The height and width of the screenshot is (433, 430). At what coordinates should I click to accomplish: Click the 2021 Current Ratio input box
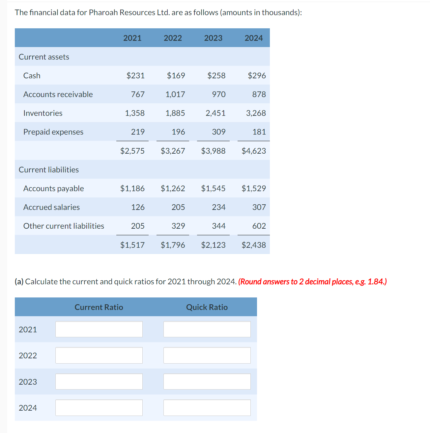pyautogui.click(x=99, y=329)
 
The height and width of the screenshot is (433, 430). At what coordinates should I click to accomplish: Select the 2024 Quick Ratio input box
pyautogui.click(x=207, y=408)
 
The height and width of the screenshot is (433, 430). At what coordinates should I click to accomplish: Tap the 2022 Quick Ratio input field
pyautogui.click(x=207, y=355)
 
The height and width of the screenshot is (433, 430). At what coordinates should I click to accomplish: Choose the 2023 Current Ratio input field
pyautogui.click(x=99, y=381)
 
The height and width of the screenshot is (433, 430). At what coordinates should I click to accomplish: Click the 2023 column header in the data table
pyautogui.click(x=213, y=38)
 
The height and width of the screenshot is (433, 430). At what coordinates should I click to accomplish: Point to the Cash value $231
pyautogui.click(x=135, y=75)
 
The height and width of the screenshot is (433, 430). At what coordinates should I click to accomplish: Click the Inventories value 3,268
pyautogui.click(x=256, y=113)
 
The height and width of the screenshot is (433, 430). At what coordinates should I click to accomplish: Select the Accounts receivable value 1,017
pyautogui.click(x=175, y=94)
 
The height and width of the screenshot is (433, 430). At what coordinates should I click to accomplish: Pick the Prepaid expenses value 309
pyautogui.click(x=218, y=132)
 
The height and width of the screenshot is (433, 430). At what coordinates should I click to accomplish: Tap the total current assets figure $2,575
pyautogui.click(x=132, y=151)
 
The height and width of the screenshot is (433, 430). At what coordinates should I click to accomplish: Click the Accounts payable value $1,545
pyautogui.click(x=213, y=188)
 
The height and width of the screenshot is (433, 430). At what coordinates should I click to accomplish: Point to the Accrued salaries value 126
pyautogui.click(x=138, y=207)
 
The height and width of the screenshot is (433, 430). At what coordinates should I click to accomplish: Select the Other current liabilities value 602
pyautogui.click(x=259, y=226)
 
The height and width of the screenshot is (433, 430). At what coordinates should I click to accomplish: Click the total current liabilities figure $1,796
pyautogui.click(x=173, y=245)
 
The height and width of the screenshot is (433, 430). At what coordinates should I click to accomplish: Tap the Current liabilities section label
pyautogui.click(x=49, y=169)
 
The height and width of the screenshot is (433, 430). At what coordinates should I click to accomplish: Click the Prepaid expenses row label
pyautogui.click(x=53, y=132)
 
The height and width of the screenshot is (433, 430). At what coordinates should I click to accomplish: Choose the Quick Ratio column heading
pyautogui.click(x=207, y=307)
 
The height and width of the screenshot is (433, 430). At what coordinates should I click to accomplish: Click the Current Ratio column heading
pyautogui.click(x=99, y=307)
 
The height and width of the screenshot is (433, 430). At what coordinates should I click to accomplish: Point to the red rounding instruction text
pyautogui.click(x=312, y=282)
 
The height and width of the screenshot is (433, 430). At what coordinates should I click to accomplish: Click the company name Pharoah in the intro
pyautogui.click(x=103, y=13)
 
